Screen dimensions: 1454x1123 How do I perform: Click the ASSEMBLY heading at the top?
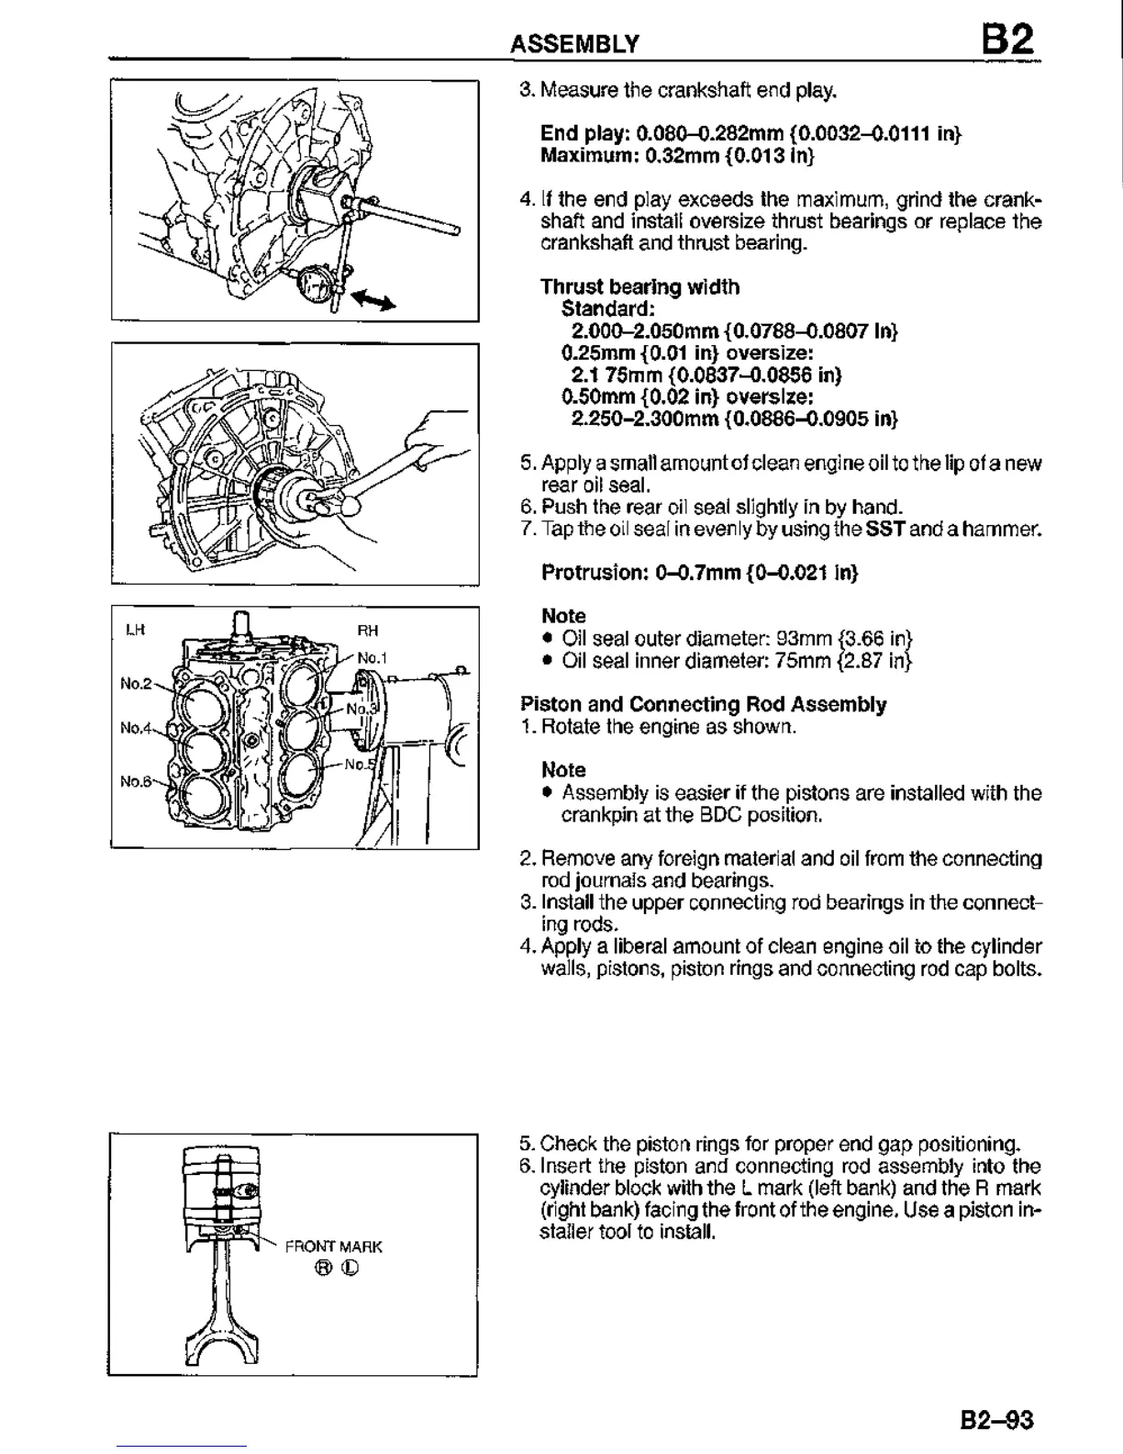click(574, 43)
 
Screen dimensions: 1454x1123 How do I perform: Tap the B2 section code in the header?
click(1006, 39)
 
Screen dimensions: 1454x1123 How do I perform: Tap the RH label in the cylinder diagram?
click(367, 630)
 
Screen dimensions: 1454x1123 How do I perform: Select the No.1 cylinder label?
click(372, 657)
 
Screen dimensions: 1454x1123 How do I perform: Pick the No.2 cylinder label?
click(135, 683)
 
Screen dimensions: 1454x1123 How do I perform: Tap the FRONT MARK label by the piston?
click(334, 1247)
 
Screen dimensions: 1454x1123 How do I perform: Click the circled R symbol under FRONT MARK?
click(322, 1269)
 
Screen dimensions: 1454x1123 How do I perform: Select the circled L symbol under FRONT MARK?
click(350, 1269)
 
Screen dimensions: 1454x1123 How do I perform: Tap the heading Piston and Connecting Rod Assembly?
click(703, 704)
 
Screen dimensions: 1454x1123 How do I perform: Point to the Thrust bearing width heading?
click(639, 286)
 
